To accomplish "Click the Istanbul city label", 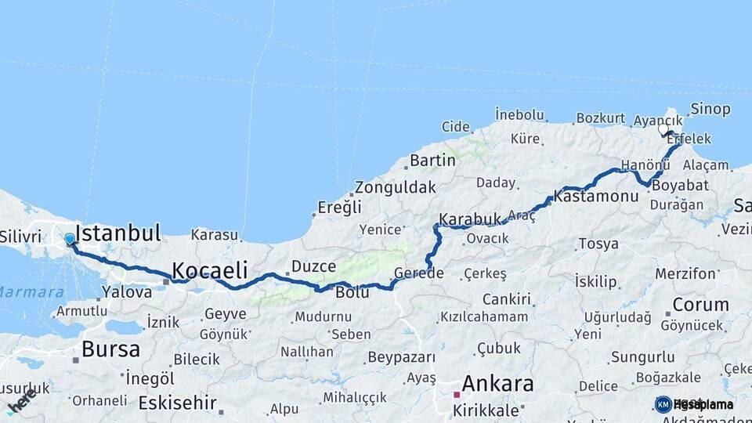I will click(x=118, y=233).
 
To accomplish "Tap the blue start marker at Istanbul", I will click(x=70, y=239).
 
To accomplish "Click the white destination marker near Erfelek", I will click(x=663, y=129).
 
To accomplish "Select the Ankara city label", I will click(x=497, y=384).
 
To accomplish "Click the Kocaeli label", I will click(x=210, y=270).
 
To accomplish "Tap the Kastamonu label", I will click(x=595, y=196).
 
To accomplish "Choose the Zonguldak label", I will click(x=395, y=188).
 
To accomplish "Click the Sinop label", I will click(x=710, y=109).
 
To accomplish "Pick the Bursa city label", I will click(x=110, y=349).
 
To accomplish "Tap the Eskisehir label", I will click(x=176, y=403).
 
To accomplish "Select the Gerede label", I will click(x=419, y=273).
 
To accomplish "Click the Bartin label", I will click(x=432, y=160).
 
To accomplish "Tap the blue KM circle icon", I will click(x=663, y=404).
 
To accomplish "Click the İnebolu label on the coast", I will click(x=519, y=115).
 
